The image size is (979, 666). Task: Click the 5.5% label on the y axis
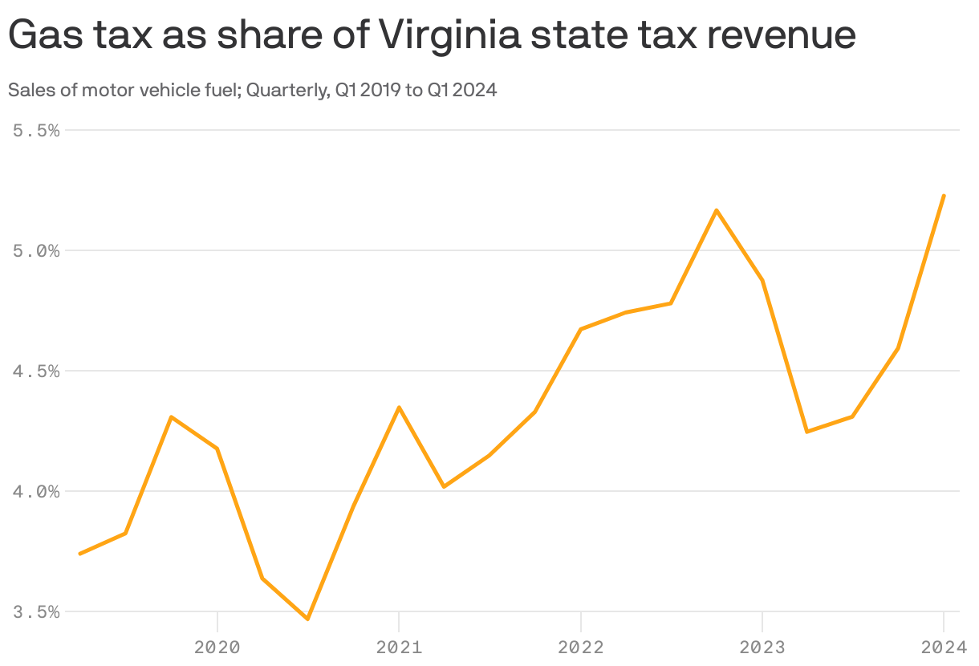point(37,130)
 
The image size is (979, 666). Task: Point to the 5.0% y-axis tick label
point(37,250)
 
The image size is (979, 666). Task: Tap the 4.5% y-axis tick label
point(37,371)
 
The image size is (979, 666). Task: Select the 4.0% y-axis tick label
point(37,491)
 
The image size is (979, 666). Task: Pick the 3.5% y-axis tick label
point(37,611)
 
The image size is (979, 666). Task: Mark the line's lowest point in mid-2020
point(308,619)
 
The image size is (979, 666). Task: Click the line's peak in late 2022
point(716,210)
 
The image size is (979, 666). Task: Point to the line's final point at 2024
point(944,196)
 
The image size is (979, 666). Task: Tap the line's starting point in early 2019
point(80,554)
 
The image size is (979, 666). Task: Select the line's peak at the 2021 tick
point(399,408)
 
